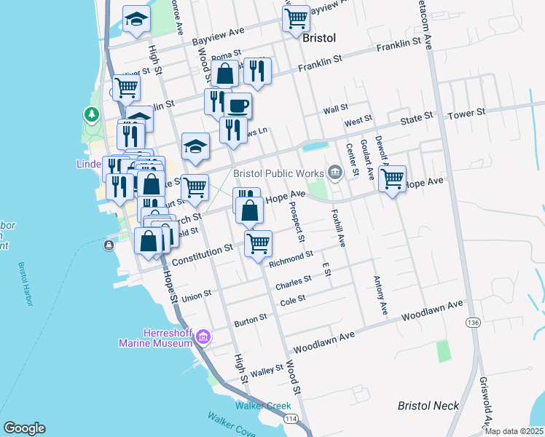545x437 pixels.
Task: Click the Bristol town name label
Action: (x=318, y=37)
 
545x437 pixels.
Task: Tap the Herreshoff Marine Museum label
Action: (x=157, y=338)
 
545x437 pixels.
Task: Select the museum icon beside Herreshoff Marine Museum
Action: (x=203, y=336)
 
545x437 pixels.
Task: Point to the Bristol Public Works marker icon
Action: (x=334, y=173)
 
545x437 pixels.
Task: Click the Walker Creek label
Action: (x=257, y=405)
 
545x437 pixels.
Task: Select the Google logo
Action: (x=24, y=428)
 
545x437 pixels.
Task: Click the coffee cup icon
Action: (x=238, y=106)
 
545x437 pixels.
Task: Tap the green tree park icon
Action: (x=91, y=114)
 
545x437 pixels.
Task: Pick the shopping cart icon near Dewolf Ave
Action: (x=392, y=178)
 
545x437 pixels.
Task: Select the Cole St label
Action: (x=293, y=300)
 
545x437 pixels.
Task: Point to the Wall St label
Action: (x=336, y=109)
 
